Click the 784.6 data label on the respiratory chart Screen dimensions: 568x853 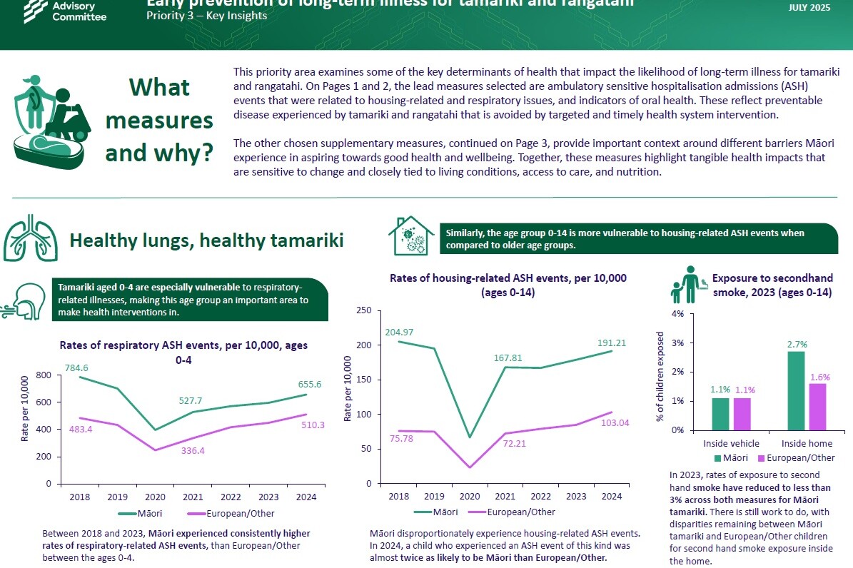pos(78,368)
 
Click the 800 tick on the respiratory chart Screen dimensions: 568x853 pos(44,375)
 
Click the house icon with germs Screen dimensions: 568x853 pos(410,236)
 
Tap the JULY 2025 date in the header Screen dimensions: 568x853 pos(809,7)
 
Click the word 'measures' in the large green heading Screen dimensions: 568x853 pos(159,120)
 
